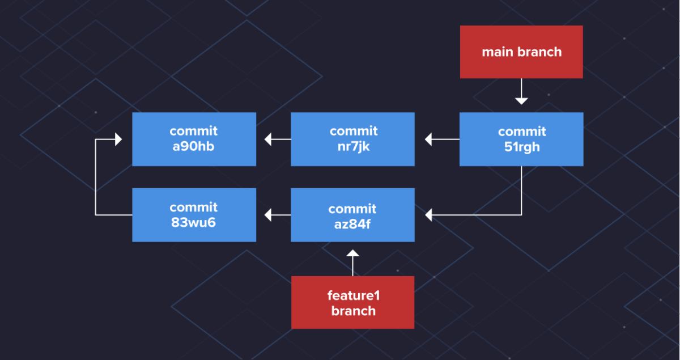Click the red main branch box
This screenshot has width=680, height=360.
point(521,52)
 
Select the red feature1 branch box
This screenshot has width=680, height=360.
point(352,302)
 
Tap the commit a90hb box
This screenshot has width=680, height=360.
point(194,139)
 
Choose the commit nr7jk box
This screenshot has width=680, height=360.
point(352,139)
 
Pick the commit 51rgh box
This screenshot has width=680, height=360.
point(521,139)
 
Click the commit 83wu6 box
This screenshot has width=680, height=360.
point(194,215)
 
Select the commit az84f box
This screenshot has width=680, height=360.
point(352,215)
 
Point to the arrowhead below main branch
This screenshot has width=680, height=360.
point(521,100)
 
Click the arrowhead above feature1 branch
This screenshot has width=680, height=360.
point(352,253)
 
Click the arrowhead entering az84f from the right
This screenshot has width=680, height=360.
point(429,215)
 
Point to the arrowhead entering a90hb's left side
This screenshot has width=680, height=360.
point(118,139)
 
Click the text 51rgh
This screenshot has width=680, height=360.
point(521,147)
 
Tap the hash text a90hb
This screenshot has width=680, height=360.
point(194,147)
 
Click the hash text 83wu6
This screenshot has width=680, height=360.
point(194,222)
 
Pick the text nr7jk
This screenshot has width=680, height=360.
point(352,147)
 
